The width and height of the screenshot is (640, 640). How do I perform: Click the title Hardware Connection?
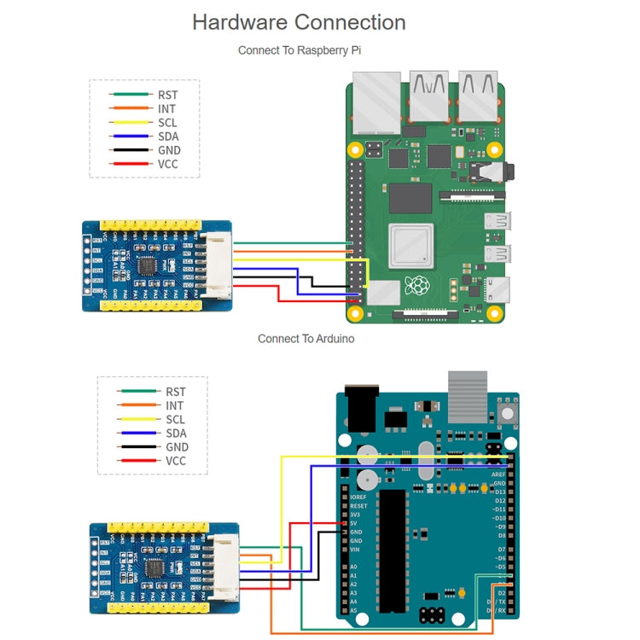299,22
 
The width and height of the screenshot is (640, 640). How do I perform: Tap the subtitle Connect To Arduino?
305,339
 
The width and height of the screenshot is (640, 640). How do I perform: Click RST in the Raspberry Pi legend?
168,96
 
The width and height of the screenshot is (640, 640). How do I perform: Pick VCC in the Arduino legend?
175,461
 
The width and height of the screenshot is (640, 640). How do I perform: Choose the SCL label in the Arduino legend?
175,420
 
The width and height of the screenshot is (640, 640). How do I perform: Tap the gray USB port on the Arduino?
468,397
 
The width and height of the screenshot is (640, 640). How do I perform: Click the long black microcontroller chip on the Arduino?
392,550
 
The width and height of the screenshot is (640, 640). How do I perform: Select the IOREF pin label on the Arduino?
359,497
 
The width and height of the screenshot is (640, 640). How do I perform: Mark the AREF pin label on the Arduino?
498,474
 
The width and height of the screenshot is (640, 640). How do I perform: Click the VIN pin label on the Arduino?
354,550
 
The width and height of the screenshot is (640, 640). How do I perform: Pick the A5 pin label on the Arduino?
353,610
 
